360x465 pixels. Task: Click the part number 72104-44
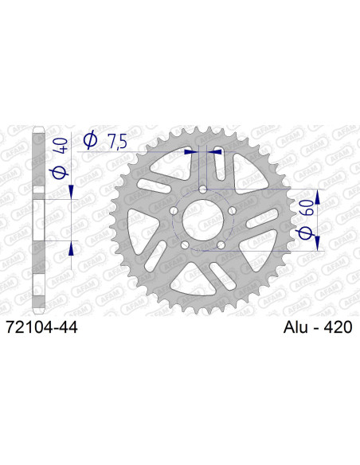[x=41, y=326]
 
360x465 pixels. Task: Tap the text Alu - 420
[x=317, y=326]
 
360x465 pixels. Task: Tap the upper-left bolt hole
[x=174, y=209]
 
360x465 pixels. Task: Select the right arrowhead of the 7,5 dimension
[x=213, y=149]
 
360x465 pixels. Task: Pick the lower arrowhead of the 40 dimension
[x=72, y=247]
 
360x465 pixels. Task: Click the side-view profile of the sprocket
[x=38, y=219]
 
